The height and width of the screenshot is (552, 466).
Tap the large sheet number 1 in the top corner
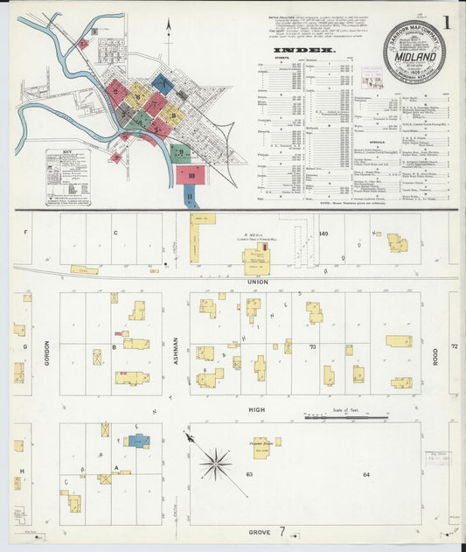[x=446, y=21]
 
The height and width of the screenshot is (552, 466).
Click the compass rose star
[x=214, y=463]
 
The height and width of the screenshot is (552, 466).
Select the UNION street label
[x=258, y=281]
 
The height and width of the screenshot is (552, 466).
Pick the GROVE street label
[x=259, y=531]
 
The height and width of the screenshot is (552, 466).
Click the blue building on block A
[x=138, y=440]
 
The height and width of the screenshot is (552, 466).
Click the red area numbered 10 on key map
[x=191, y=174]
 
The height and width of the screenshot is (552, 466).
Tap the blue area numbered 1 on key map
[x=163, y=84]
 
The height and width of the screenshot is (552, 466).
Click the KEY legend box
[x=68, y=178]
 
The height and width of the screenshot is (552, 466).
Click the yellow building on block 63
[x=261, y=448]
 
